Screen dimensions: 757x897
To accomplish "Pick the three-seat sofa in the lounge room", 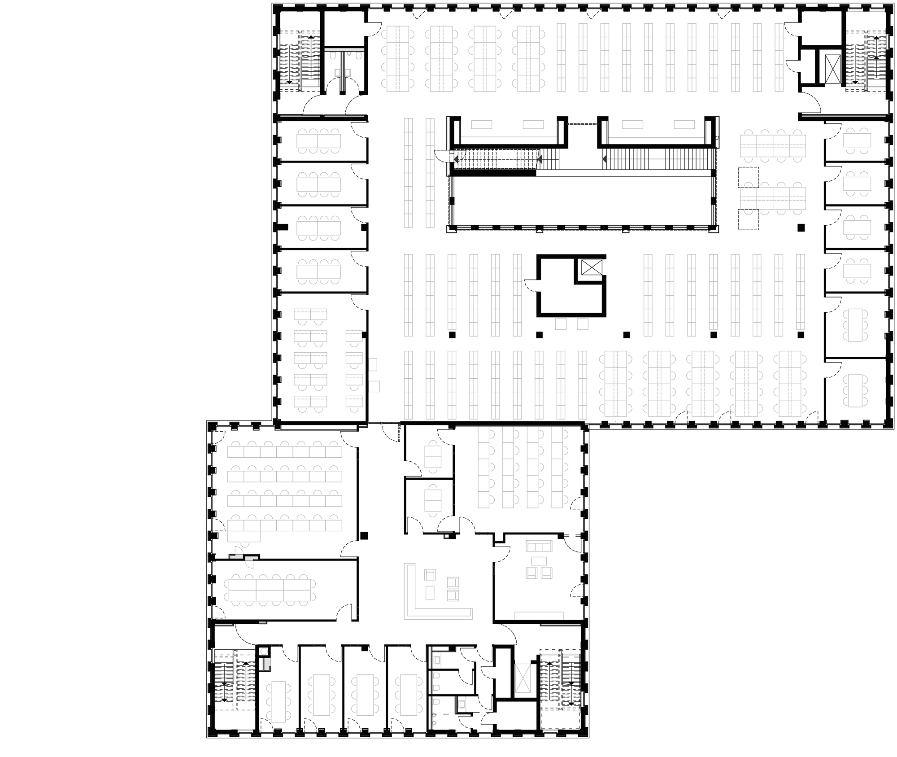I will pyautogui.click(x=539, y=546).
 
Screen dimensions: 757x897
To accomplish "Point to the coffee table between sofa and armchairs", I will pyautogui.click(x=539, y=560).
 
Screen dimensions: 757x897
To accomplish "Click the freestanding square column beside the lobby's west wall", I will pyautogui.click(x=364, y=535).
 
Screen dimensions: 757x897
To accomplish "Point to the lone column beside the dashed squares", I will pyautogui.click(x=801, y=228).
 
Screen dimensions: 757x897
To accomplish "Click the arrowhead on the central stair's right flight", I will pyautogui.click(x=605, y=159).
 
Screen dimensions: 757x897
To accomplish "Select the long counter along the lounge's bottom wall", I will pyautogui.click(x=539, y=616).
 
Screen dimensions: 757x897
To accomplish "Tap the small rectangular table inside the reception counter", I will pyautogui.click(x=430, y=593).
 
